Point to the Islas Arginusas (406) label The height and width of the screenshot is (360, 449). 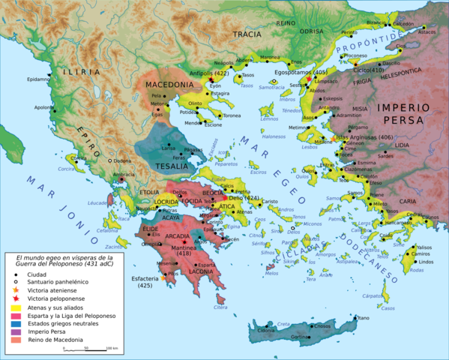point(364,136)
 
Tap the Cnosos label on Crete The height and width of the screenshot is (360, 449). point(322,326)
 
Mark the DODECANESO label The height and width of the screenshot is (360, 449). point(359,265)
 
